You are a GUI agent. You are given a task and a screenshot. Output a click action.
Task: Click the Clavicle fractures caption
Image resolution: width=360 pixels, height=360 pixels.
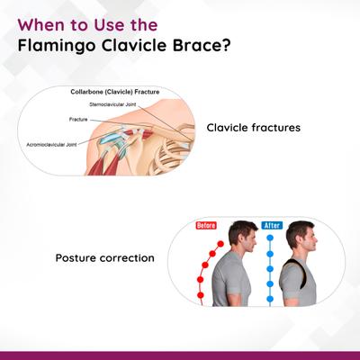(252, 128)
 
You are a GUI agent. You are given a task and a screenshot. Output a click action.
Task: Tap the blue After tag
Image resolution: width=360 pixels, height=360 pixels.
(272, 225)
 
